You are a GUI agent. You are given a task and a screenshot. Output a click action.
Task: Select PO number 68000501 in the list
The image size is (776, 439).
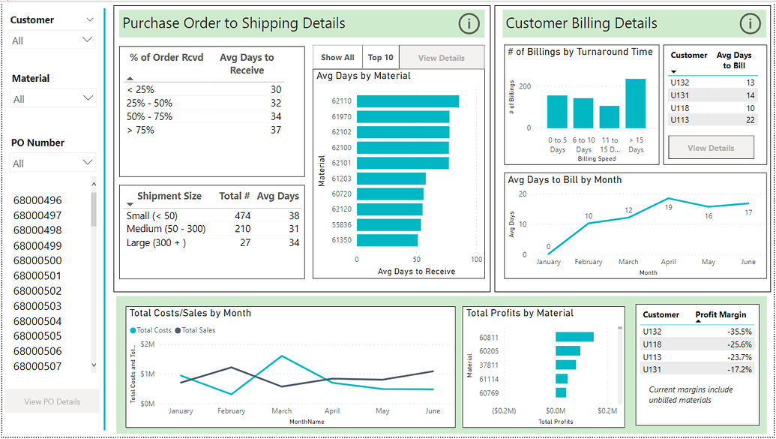37,275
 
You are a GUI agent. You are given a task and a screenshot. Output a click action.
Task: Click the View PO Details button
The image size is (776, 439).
52,401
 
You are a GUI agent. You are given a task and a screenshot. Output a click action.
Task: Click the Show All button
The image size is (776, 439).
337,58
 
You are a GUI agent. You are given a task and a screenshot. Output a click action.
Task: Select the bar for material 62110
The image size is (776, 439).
408,101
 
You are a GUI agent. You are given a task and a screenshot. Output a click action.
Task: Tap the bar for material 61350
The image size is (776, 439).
387,240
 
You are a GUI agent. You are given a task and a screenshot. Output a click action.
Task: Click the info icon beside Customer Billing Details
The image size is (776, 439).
750,24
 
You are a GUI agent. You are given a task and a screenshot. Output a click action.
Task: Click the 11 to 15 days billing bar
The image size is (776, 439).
610,117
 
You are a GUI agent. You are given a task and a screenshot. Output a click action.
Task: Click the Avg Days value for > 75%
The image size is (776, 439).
275,130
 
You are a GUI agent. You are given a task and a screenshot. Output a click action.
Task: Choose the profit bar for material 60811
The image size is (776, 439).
574,337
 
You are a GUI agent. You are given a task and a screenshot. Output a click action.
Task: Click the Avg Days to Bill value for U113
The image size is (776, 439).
750,120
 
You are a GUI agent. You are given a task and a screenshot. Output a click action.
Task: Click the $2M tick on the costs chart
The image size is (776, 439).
147,344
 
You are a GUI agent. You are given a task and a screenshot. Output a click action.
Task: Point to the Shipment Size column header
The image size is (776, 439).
169,196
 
